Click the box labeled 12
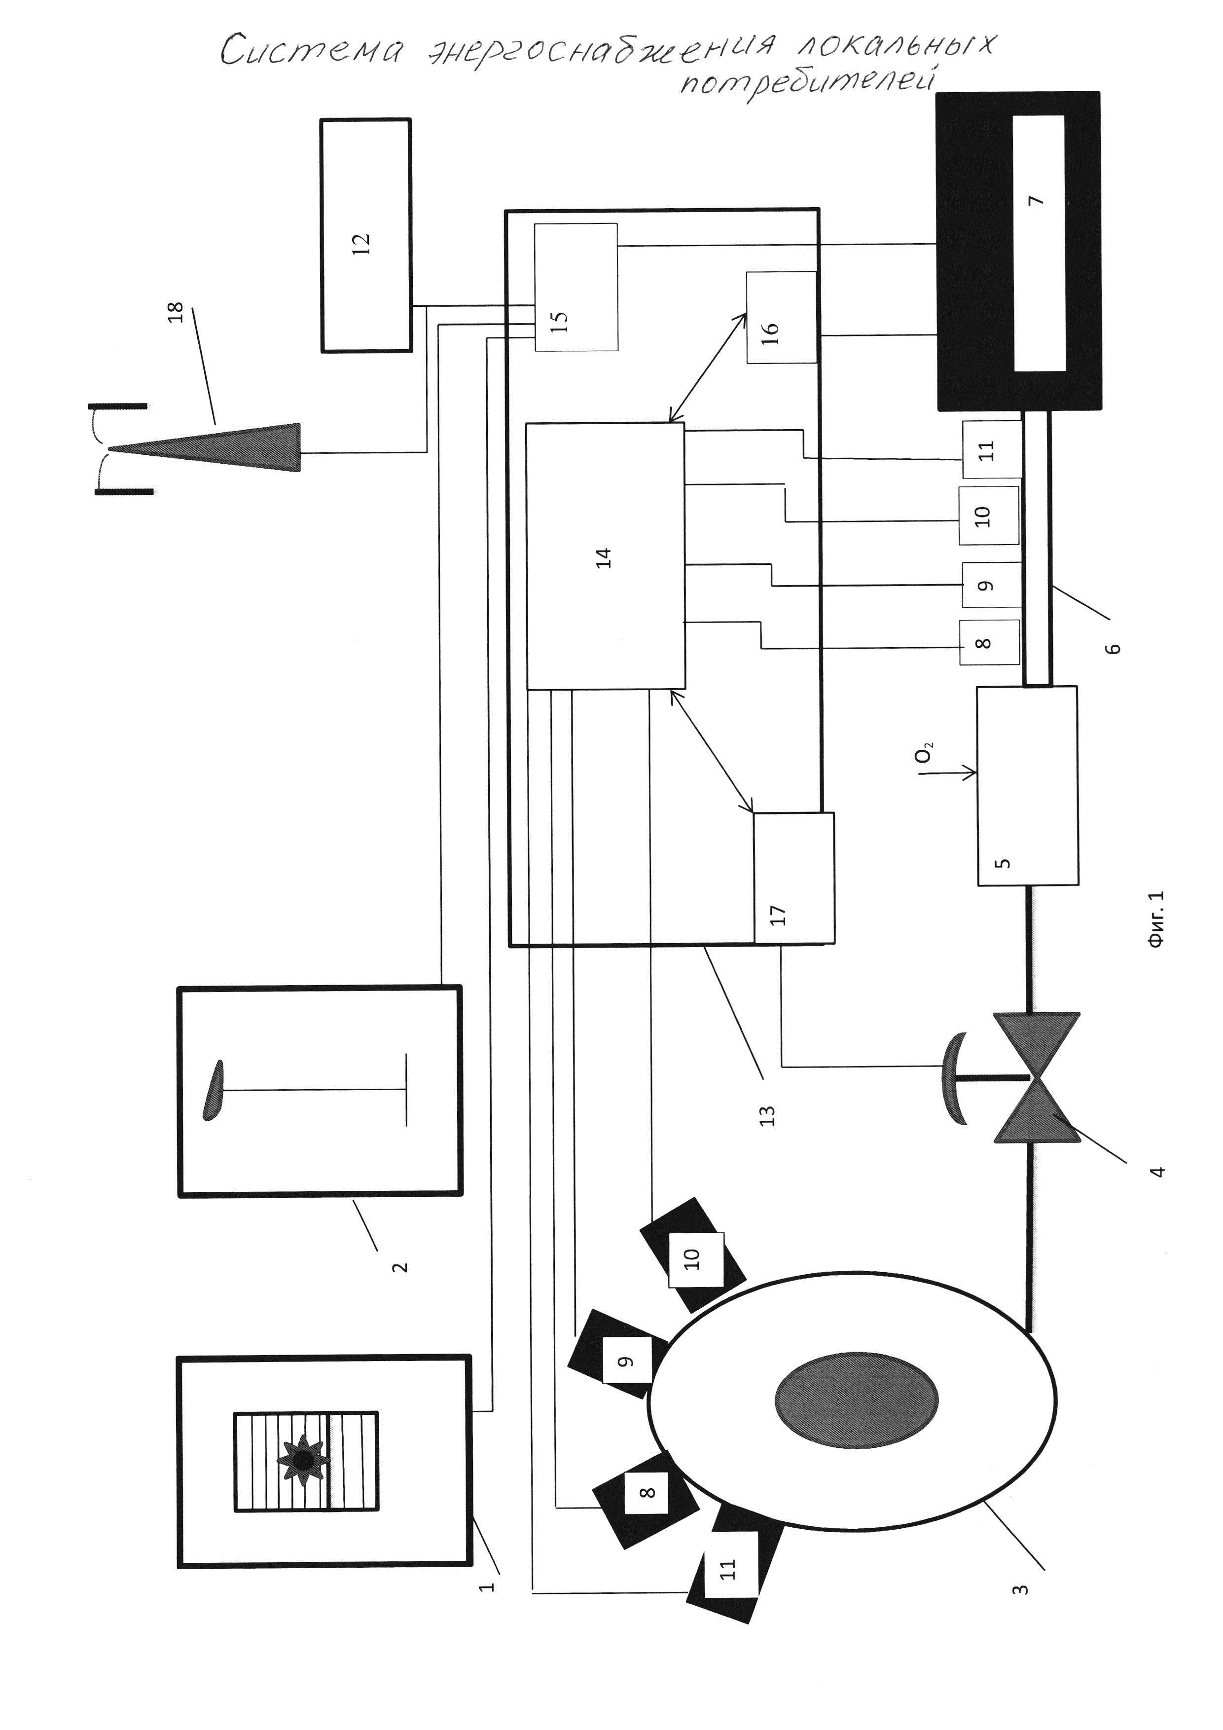366,235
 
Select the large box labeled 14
605,556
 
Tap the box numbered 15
576,287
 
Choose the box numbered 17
794,878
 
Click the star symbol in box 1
303,1460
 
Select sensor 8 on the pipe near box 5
988,643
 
